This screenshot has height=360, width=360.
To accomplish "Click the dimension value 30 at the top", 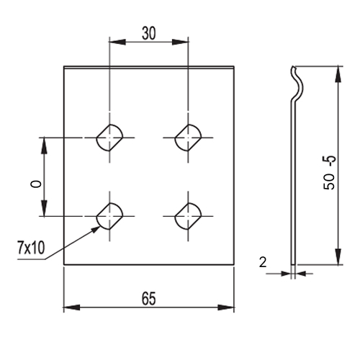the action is [x=149, y=33].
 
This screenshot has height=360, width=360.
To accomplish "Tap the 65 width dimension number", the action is [x=149, y=299].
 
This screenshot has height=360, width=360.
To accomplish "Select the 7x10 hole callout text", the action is [x=31, y=248].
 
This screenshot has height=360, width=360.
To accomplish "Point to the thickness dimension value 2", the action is [x=263, y=262].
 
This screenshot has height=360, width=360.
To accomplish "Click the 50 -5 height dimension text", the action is [x=329, y=173].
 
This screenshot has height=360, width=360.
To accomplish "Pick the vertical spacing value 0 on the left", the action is [x=36, y=184].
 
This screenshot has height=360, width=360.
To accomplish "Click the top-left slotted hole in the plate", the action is [x=109, y=138].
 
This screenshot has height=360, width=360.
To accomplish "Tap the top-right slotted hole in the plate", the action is [x=188, y=138].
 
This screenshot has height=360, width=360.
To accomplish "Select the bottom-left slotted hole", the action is [x=109, y=216].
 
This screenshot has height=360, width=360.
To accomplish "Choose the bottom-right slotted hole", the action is [x=188, y=216].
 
